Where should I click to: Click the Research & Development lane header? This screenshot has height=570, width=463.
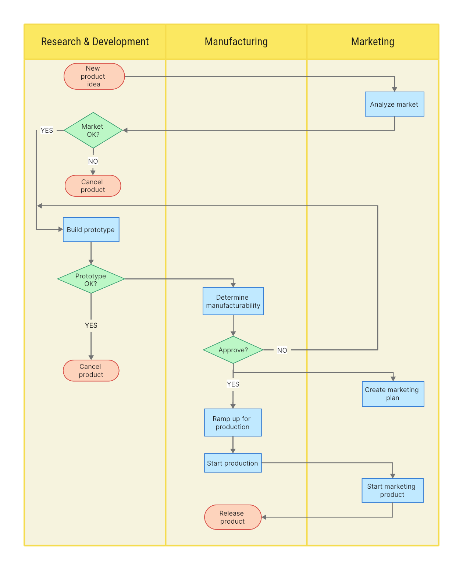[95, 42]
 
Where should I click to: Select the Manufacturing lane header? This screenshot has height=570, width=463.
[236, 42]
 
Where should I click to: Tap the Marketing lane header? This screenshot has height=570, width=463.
[373, 42]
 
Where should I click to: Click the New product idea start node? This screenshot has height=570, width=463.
[94, 76]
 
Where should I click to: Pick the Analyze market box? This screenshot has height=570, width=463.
[394, 104]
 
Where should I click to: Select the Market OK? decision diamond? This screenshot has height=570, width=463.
[93, 130]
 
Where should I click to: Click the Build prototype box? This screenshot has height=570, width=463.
[91, 229]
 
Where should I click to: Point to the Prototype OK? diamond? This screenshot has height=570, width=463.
[91, 279]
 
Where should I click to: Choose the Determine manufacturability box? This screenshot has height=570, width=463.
[233, 301]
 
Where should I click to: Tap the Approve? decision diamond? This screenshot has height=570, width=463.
[233, 350]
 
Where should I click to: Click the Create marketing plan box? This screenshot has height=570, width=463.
[393, 394]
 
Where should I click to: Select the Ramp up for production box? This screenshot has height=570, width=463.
[233, 423]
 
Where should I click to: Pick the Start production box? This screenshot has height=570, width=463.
[233, 463]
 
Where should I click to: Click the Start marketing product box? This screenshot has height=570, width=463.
[392, 490]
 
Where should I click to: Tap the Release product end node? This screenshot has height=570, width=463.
[233, 517]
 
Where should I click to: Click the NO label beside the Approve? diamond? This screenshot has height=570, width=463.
[282, 350]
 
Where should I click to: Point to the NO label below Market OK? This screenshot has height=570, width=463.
[93, 161]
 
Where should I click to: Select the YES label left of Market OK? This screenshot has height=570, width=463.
[47, 130]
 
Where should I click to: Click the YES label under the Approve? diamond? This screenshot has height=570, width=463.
[233, 384]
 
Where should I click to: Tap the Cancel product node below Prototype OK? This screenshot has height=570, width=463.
[91, 370]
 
